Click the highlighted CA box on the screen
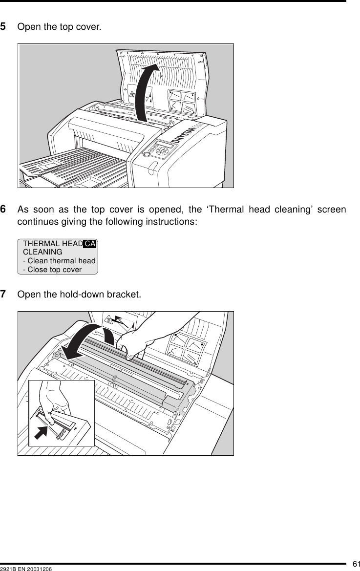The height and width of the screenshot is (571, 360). (90, 243)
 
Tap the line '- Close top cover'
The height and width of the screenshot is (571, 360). (52, 270)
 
